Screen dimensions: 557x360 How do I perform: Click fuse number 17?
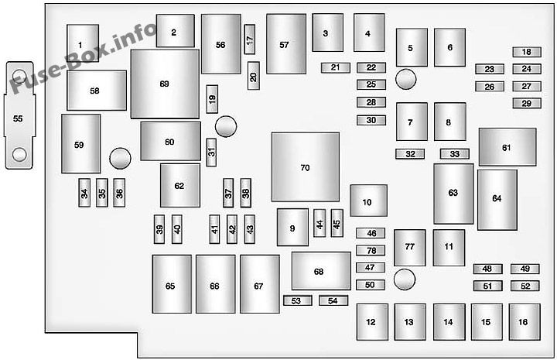point(250,39)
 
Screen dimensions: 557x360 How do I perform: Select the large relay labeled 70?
point(305,167)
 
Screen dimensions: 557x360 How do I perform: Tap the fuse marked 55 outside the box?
point(19,115)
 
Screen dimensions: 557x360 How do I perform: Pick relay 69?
point(165,84)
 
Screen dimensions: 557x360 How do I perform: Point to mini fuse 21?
point(335,67)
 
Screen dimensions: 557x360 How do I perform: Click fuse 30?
point(371,120)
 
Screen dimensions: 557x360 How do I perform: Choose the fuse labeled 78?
point(371,251)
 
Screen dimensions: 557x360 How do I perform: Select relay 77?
point(409,248)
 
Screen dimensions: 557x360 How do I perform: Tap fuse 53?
point(298,300)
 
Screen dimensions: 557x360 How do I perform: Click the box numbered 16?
point(525,322)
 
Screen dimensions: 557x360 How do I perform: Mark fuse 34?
point(84,193)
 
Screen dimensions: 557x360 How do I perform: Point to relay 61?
point(507,147)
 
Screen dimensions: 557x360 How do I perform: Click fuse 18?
point(527,52)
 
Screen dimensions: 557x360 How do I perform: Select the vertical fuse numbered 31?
point(211,153)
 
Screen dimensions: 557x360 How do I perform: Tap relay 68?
point(321,271)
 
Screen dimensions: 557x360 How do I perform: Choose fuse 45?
point(337,223)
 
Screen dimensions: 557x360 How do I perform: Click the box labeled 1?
point(83,43)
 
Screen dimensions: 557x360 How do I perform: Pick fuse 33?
point(455,154)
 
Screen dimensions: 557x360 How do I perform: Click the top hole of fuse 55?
point(19,76)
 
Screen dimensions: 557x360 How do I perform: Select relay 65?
point(172,284)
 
